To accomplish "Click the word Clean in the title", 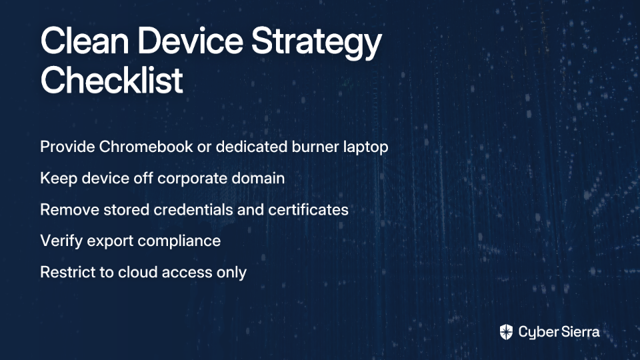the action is [x=85, y=41].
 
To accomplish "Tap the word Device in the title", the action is [x=190, y=41].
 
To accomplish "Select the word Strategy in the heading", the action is [x=316, y=43].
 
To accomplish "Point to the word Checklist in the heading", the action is [x=111, y=80].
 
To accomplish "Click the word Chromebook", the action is [x=146, y=147].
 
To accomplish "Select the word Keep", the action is [x=59, y=179].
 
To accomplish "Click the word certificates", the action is [x=308, y=210].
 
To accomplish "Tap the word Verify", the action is [x=61, y=241].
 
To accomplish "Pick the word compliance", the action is [x=179, y=241].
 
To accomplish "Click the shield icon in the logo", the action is [x=506, y=332].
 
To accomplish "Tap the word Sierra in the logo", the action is [x=579, y=332].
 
